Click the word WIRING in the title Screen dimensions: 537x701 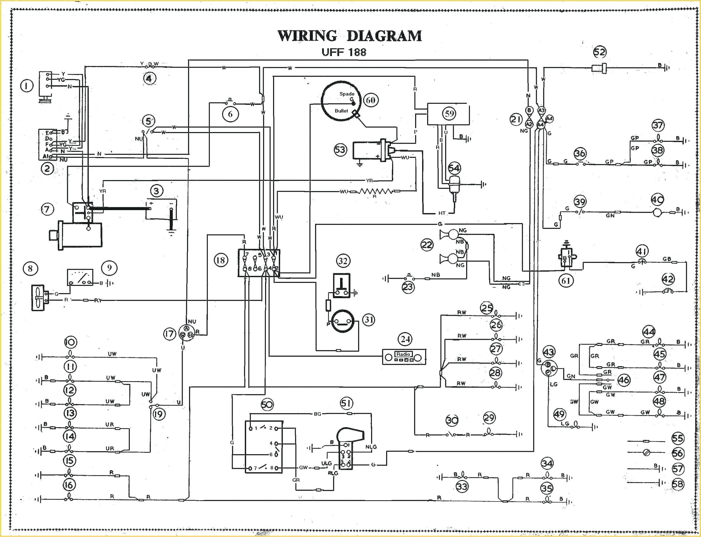pos(307,36)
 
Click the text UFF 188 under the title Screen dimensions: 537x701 pos(344,52)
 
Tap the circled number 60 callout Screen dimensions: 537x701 pos(370,100)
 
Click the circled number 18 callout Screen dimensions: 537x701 pos(220,260)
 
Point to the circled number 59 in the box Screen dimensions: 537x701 pos(449,113)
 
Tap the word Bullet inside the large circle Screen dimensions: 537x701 pos(341,111)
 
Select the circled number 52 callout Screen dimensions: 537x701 pos(600,52)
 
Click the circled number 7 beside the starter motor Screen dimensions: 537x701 pos(47,209)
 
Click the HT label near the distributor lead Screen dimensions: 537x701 pos(442,213)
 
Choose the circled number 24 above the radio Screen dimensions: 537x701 pos(405,339)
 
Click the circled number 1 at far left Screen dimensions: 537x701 pos(27,86)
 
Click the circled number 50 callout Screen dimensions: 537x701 pos(267,405)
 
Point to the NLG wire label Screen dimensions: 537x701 pos(371,447)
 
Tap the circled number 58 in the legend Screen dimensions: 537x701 pos(678,484)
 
